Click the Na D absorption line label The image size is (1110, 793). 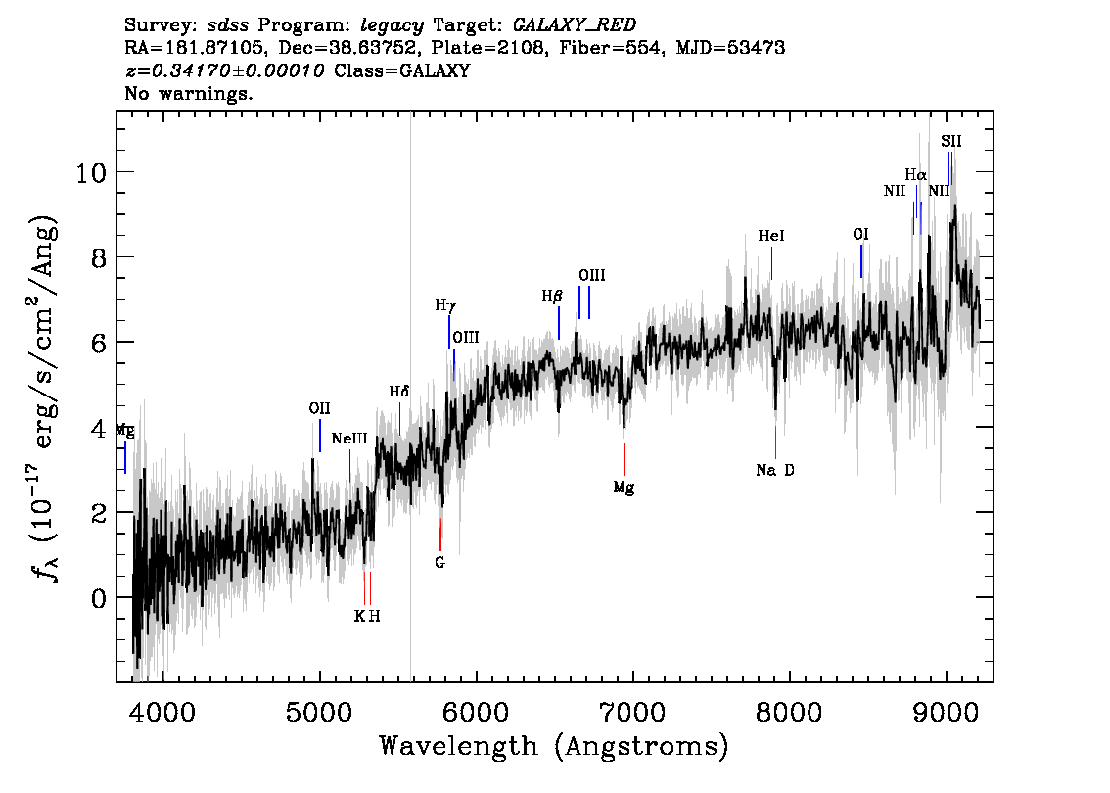pyautogui.click(x=774, y=470)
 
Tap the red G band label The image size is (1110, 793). pyautogui.click(x=439, y=563)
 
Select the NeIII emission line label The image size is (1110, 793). pyautogui.click(x=349, y=439)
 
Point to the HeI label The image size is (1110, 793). pyautogui.click(x=771, y=236)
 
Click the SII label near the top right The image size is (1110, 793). pyautogui.click(x=950, y=141)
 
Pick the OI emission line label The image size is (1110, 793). pyautogui.click(x=860, y=234)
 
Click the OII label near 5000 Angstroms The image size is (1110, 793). pyautogui.click(x=319, y=408)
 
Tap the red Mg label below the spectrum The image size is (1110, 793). pyautogui.click(x=624, y=488)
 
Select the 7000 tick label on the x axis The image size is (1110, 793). pyautogui.click(x=632, y=712)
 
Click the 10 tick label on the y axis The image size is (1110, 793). pyautogui.click(x=91, y=172)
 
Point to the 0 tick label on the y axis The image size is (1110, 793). pyautogui.click(x=99, y=598)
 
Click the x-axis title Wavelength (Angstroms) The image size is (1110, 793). pyautogui.click(x=554, y=746)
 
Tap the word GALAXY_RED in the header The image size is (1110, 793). pyautogui.click(x=575, y=24)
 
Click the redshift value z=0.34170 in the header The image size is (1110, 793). pyautogui.click(x=224, y=70)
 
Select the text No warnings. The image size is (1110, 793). pyautogui.click(x=188, y=93)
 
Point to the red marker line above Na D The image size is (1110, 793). pyautogui.click(x=776, y=442)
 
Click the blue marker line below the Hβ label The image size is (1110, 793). pyautogui.click(x=559, y=323)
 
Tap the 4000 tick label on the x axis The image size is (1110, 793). pyautogui.click(x=162, y=712)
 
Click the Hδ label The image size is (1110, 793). pyautogui.click(x=399, y=392)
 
